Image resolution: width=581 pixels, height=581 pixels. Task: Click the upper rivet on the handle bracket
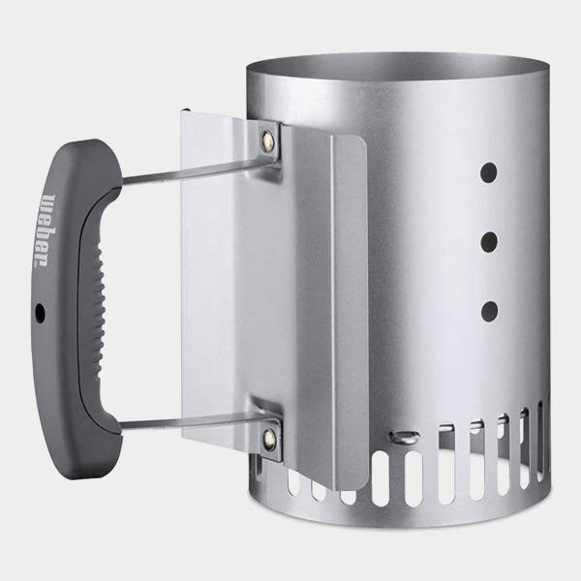tap(267, 141)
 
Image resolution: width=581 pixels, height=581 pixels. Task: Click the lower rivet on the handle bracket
tap(269, 439)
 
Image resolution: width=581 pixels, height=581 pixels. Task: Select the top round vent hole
tap(488, 172)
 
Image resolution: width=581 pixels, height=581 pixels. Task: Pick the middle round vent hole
tap(489, 242)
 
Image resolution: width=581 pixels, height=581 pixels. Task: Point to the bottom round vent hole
tap(489, 311)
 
